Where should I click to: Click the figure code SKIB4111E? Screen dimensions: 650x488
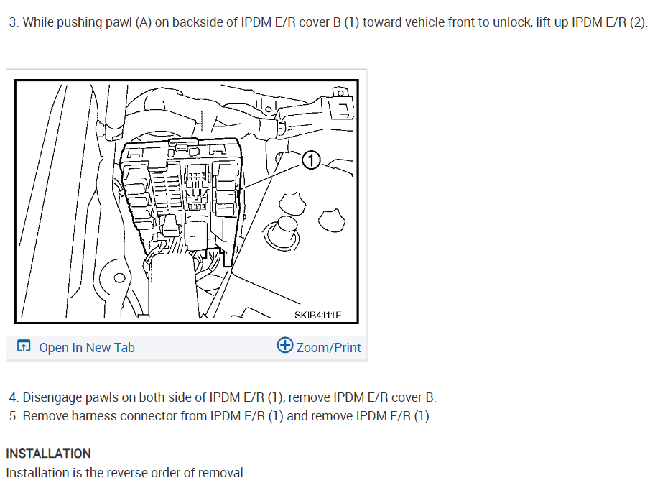tap(317, 315)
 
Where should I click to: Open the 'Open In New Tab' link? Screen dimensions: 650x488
tap(86, 348)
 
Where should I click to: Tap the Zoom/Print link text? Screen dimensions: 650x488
tap(328, 347)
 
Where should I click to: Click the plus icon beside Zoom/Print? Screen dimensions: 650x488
tap(285, 346)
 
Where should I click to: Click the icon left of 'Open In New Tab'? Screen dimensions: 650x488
tap(23, 347)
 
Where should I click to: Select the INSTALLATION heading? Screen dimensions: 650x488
tap(48, 454)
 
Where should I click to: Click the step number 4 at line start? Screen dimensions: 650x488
tap(12, 397)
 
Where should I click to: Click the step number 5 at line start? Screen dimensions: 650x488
tap(12, 416)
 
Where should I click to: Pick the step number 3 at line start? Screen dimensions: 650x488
tap(12, 22)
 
